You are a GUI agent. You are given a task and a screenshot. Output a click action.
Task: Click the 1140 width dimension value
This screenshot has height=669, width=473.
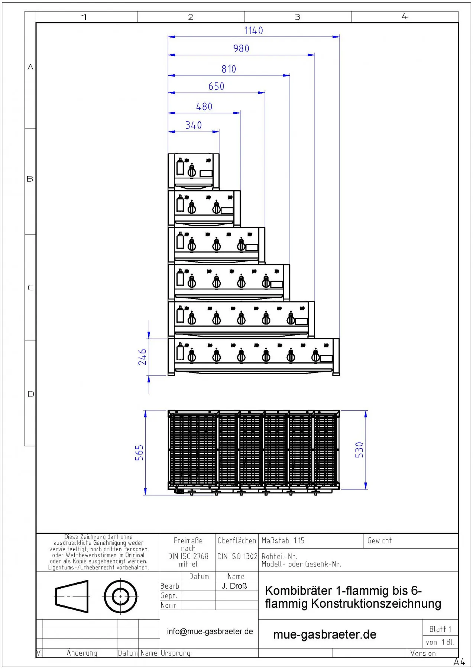253,30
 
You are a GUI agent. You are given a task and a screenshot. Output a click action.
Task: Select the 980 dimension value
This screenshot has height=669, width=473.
241,48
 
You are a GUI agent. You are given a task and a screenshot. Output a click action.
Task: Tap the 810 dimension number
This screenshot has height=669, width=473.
229,69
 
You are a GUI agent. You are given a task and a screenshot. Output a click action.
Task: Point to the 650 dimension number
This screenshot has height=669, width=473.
216,86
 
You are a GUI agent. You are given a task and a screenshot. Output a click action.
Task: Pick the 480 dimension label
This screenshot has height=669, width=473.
204,107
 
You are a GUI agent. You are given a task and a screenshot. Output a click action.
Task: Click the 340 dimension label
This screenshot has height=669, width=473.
194,125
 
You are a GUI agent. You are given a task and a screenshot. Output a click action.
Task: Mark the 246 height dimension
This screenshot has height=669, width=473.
143,357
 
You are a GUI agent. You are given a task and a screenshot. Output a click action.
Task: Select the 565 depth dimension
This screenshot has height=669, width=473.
139,453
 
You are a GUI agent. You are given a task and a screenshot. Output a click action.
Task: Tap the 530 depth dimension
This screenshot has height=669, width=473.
359,450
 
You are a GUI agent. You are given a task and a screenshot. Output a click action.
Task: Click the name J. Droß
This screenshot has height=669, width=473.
234,586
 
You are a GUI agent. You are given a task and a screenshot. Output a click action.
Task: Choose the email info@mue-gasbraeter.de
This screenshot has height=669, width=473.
210,631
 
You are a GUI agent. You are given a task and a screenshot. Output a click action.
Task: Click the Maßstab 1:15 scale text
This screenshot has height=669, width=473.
283,541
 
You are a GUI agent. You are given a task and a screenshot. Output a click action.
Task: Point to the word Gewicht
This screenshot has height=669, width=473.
379,541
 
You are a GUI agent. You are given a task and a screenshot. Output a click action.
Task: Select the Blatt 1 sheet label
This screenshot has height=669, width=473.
440,629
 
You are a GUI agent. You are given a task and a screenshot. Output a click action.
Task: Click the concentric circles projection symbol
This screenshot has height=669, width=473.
120,597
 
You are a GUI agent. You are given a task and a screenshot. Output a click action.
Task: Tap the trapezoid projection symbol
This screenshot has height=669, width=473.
72,597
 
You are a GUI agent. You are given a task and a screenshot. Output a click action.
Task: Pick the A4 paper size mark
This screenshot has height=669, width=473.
459,662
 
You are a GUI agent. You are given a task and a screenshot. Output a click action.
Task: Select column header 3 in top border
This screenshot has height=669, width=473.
298,17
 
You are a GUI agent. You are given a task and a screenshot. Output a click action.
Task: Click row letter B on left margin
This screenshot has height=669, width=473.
30,179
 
